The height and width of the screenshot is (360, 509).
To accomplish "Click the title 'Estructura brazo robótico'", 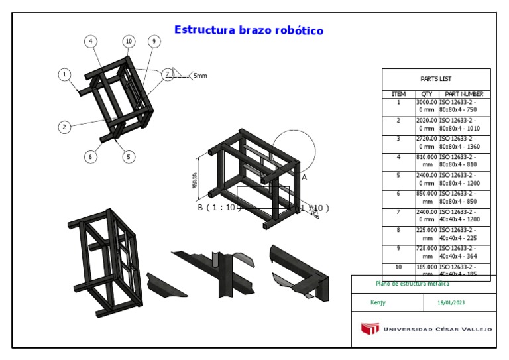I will [249, 30].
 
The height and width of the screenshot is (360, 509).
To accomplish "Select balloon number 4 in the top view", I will [90, 41].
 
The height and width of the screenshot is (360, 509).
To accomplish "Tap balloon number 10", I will [129, 41].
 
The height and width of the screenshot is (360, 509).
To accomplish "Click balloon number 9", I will [154, 41].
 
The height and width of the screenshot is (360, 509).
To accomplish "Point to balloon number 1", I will [64, 75].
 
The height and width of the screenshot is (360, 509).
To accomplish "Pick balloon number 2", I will [64, 127].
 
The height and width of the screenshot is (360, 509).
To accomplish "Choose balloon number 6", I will [90, 157].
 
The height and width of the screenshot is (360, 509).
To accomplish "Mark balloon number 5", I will [129, 157].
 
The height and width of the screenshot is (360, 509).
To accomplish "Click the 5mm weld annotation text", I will [200, 76].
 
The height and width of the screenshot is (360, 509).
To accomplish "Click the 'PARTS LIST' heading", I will [436, 78].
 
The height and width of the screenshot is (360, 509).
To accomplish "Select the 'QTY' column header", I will [427, 94].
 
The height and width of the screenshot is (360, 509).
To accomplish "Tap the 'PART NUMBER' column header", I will [464, 94].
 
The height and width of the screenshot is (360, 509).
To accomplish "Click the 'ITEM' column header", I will [398, 94].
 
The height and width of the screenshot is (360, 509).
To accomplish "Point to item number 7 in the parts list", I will [398, 211].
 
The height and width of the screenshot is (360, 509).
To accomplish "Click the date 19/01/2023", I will [451, 302].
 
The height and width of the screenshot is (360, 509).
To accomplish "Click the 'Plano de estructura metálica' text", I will [403, 284].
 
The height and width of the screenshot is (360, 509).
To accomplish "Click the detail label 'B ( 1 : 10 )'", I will [217, 208].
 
